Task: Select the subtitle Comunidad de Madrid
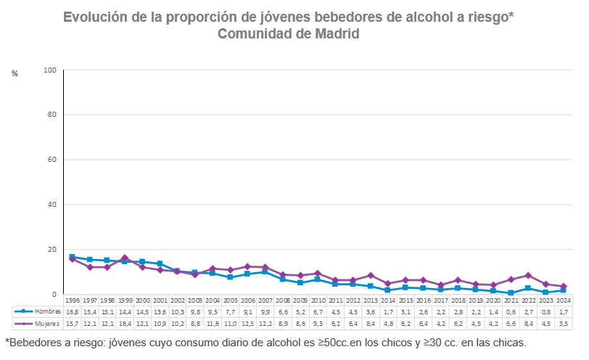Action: (x=289, y=34)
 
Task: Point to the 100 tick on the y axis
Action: (x=50, y=70)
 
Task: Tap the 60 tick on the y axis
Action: (x=52, y=160)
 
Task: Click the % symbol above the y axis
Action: (x=15, y=73)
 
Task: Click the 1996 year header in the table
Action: (x=73, y=300)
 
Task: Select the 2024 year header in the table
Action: (x=564, y=300)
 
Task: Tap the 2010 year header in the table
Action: (x=318, y=300)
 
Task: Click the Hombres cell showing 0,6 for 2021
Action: (x=511, y=311)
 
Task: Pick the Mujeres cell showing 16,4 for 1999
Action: (x=125, y=324)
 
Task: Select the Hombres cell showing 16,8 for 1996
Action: (x=73, y=311)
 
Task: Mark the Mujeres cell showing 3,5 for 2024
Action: (x=564, y=324)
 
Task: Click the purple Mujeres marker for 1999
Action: (x=125, y=258)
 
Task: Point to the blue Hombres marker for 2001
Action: (x=160, y=264)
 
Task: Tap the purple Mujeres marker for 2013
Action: (x=371, y=276)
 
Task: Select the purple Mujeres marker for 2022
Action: (x=529, y=276)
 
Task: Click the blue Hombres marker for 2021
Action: (x=511, y=293)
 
